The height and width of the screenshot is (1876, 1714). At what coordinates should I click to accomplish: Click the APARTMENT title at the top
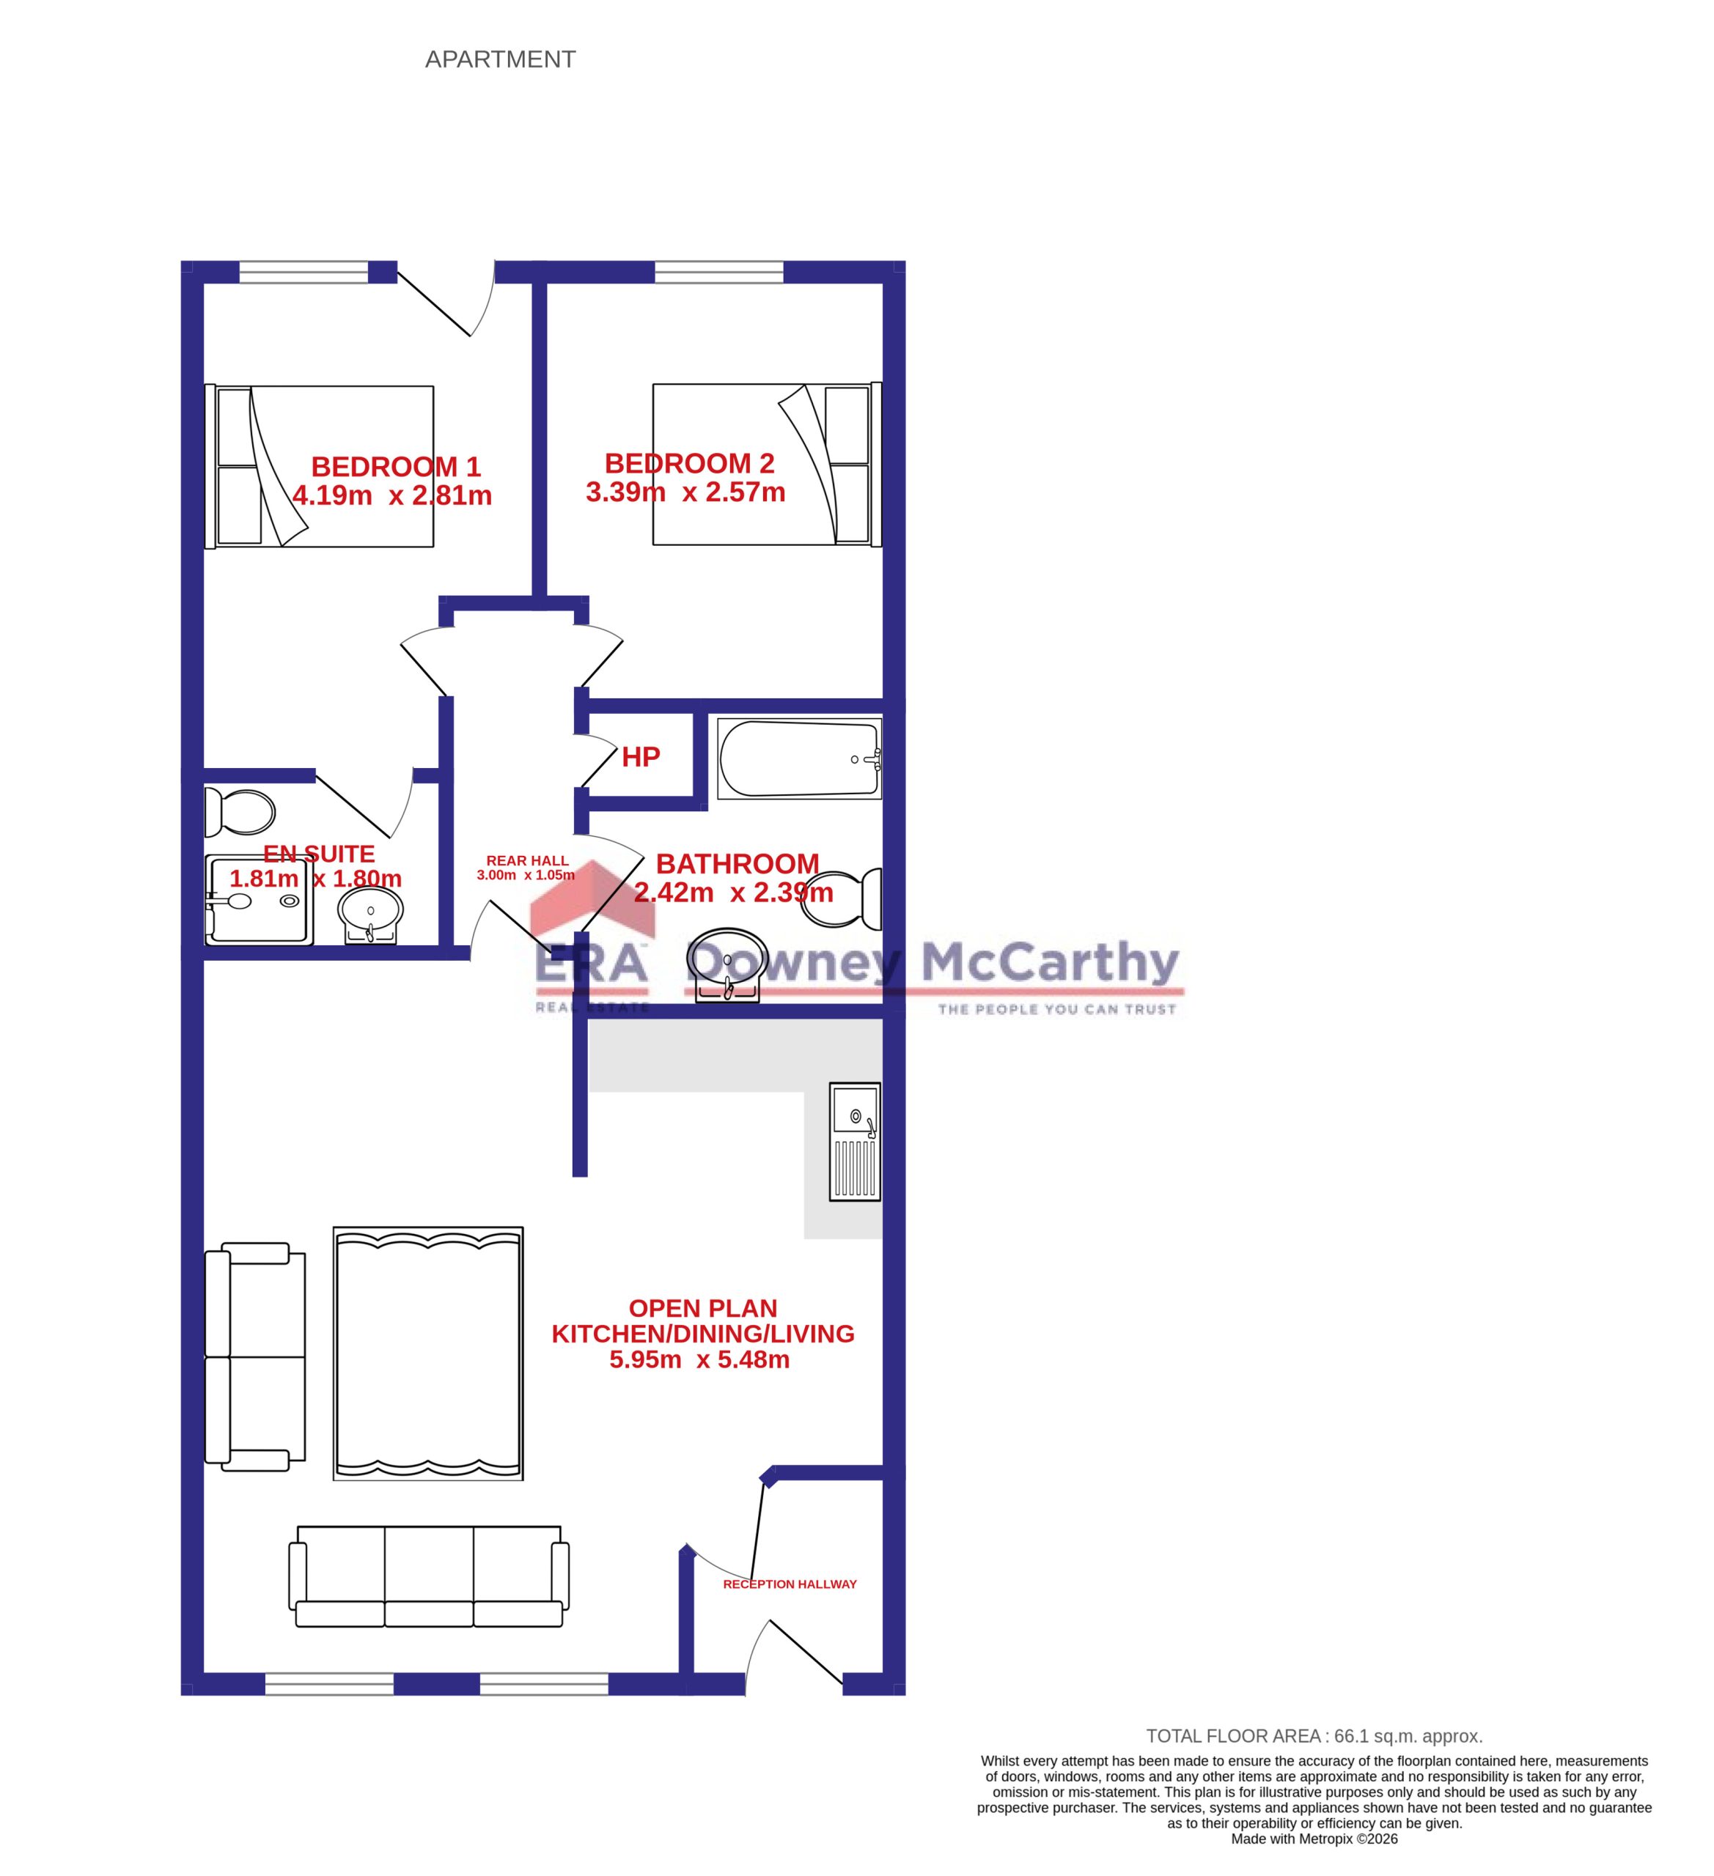(x=500, y=59)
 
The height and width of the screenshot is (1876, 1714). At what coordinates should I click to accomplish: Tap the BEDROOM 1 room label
(x=396, y=466)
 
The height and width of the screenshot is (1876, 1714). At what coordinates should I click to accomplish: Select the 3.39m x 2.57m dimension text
(x=685, y=492)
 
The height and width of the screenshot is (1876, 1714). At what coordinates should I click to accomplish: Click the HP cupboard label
(x=641, y=758)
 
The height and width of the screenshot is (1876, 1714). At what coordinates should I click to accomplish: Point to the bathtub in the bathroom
(x=799, y=758)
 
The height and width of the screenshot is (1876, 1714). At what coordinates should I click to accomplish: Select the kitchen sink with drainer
(x=855, y=1142)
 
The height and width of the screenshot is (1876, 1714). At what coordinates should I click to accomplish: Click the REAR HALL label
(x=527, y=861)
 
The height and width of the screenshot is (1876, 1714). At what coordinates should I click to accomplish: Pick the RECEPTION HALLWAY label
(x=790, y=1584)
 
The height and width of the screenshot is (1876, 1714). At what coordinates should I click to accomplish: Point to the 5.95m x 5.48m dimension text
(x=699, y=1359)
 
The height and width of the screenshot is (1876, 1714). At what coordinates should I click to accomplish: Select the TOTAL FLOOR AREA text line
(x=1314, y=1735)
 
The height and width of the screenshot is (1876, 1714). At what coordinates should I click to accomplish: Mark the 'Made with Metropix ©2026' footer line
(x=1314, y=1839)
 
